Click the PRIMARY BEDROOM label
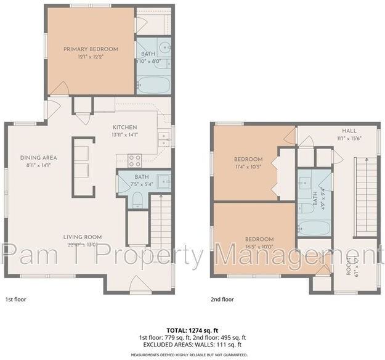[x=90, y=49]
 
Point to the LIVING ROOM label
[x=82, y=237]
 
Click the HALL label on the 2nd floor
[x=349, y=131]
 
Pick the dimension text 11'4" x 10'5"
[x=248, y=166]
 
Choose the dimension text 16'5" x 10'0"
[x=259, y=247]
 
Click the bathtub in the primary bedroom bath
[x=153, y=84]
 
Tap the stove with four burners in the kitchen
[x=135, y=161]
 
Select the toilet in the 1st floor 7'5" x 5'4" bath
[x=137, y=198]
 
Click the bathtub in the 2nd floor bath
[x=314, y=227]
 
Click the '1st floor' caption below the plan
[x=16, y=299]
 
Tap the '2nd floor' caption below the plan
[x=222, y=299]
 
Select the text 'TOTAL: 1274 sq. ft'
[x=192, y=330]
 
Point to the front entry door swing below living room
[x=139, y=285]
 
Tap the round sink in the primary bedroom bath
[x=164, y=47]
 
